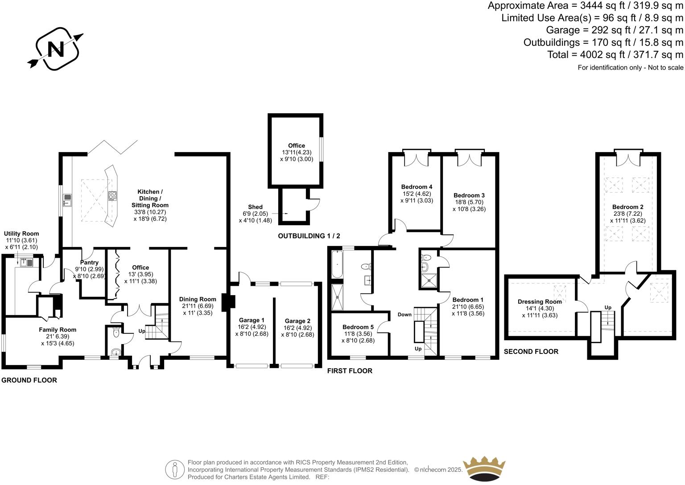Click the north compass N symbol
pyautogui.click(x=55, y=49)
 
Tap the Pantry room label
pyautogui.click(x=89, y=263)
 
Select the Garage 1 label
pyautogui.click(x=252, y=320)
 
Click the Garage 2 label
pyautogui.click(x=297, y=321)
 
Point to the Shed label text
pyautogui.click(x=255, y=207)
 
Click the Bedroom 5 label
pyautogui.click(x=358, y=327)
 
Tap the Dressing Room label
pyautogui.click(x=540, y=302)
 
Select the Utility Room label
pyautogui.click(x=21, y=234)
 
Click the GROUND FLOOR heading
pyautogui.click(x=29, y=380)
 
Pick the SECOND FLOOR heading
pyautogui.click(x=531, y=352)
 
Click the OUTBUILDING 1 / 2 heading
pyautogui.click(x=309, y=236)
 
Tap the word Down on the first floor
pyautogui.click(x=404, y=315)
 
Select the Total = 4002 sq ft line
pyautogui.click(x=615, y=54)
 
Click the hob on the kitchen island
pyautogui.click(x=112, y=195)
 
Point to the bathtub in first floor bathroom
pyautogui.click(x=336, y=264)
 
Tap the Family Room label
pyautogui.click(x=57, y=330)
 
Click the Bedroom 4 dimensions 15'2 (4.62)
pyautogui.click(x=417, y=194)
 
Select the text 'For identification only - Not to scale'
pyautogui.click(x=630, y=68)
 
